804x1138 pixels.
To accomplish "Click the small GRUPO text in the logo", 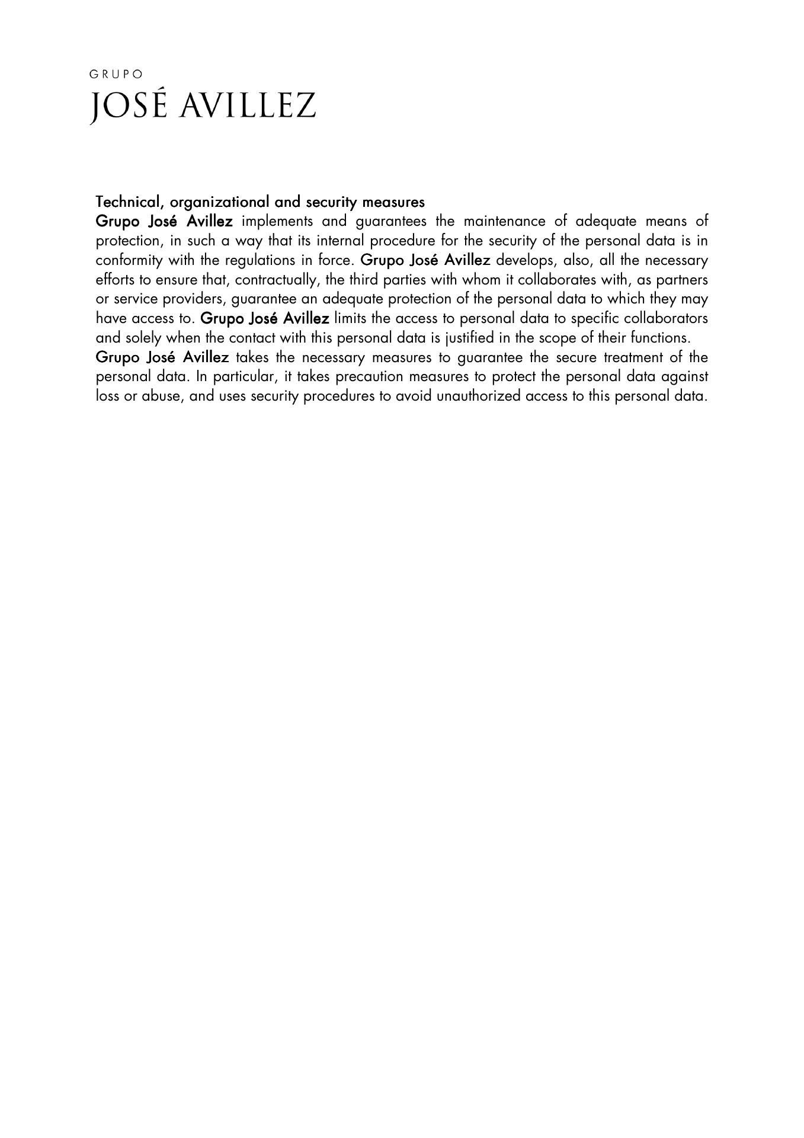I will tap(116, 75).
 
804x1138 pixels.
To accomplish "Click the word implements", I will tap(277, 222).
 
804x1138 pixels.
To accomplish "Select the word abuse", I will tap(161, 397).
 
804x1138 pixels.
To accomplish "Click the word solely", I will tap(143, 338).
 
